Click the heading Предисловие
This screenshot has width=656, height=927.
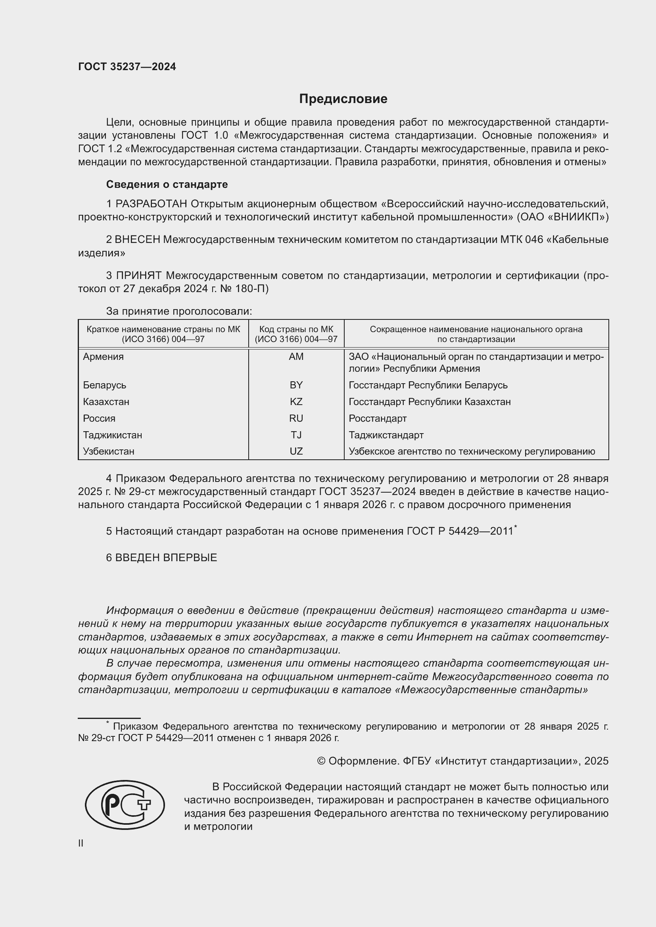343,99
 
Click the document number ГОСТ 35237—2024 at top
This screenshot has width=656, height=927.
127,67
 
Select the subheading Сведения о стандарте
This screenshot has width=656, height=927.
167,185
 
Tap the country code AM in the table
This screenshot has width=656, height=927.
296,357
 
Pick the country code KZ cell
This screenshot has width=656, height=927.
296,402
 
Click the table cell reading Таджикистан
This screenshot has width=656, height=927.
112,435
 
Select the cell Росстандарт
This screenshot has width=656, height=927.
377,418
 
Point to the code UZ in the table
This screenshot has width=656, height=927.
296,451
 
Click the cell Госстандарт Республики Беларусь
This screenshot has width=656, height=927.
428,385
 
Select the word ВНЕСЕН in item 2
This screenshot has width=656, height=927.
137,240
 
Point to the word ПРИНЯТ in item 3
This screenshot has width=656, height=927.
138,276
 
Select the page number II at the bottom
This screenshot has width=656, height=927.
81,843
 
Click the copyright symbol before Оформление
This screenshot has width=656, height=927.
321,761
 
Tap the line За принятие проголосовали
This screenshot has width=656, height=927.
179,311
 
